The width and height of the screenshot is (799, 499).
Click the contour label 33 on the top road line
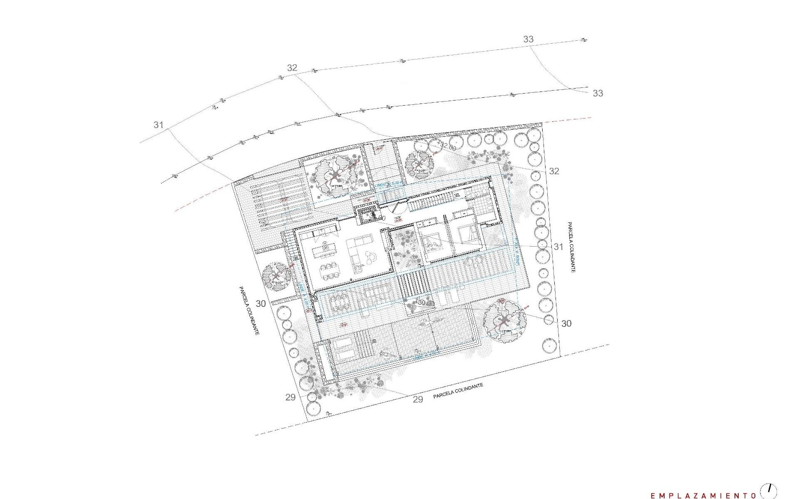(528, 39)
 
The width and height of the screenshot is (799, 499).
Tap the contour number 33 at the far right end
(598, 93)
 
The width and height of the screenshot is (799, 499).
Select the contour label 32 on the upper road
(292, 68)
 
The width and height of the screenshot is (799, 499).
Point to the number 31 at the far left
(158, 124)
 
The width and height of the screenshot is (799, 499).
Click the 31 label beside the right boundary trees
(558, 247)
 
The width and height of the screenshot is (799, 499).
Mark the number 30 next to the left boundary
(261, 304)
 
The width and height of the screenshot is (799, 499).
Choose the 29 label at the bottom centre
(418, 399)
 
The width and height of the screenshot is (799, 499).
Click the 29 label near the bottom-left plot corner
(290, 397)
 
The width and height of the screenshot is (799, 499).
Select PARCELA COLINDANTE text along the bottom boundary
(458, 391)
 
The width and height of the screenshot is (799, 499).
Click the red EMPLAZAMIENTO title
(703, 494)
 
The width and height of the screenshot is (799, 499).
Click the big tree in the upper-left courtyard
(335, 176)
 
